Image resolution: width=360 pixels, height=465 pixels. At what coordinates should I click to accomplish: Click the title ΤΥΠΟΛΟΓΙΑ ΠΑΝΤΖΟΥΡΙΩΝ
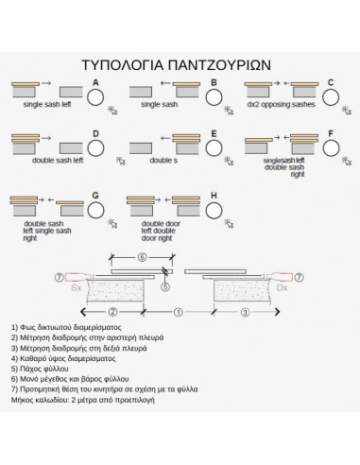(x=180, y=67)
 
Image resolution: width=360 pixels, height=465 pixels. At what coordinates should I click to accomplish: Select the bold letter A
(x=94, y=82)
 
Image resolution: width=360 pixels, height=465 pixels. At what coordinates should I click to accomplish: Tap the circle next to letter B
(x=214, y=95)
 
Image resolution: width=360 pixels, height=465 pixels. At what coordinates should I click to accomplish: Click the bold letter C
(x=331, y=82)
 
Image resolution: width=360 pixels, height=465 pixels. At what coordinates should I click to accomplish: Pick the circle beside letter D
(x=94, y=148)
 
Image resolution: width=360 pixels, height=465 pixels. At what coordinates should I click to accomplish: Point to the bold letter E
(x=214, y=134)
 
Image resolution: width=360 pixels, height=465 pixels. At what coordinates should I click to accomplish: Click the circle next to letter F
(x=331, y=148)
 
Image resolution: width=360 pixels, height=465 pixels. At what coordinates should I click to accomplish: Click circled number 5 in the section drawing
(x=163, y=287)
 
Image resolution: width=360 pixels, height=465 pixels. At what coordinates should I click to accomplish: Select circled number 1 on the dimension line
(x=176, y=310)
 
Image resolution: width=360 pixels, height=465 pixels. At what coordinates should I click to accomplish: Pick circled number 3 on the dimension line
(x=245, y=310)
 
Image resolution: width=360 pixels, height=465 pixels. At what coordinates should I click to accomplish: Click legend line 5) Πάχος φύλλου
(x=44, y=370)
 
